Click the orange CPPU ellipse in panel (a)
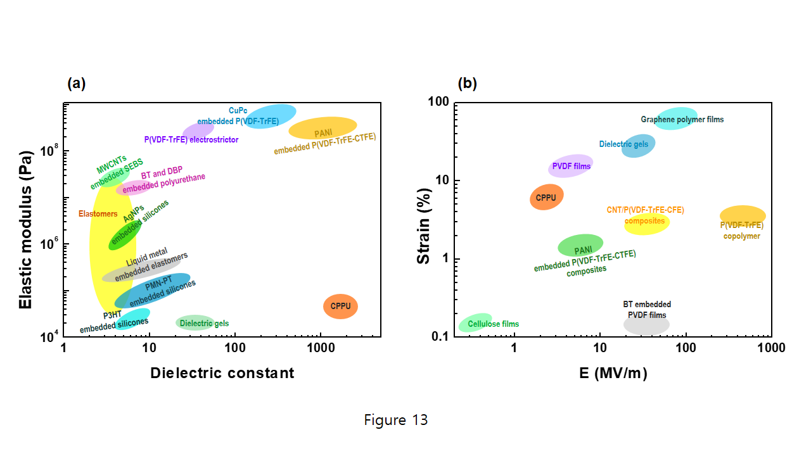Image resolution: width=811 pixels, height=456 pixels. pyautogui.click(x=340, y=307)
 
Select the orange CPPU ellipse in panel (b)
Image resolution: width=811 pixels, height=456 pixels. pyautogui.click(x=546, y=197)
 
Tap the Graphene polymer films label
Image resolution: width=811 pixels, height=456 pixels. pyautogui.click(x=682, y=119)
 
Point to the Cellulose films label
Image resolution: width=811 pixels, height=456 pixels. pyautogui.click(x=493, y=324)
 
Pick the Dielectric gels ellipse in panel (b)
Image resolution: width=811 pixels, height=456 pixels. pyautogui.click(x=639, y=145)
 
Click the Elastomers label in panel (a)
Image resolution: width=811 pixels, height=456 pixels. pyautogui.click(x=98, y=214)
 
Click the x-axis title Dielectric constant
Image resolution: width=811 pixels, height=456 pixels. pyautogui.click(x=222, y=373)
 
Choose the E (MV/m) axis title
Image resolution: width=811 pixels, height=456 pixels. pyautogui.click(x=613, y=374)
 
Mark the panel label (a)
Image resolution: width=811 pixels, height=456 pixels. pyautogui.click(x=76, y=82)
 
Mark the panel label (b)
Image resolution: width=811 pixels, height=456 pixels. pyautogui.click(x=467, y=82)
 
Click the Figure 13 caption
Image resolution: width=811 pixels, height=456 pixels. pyautogui.click(x=396, y=420)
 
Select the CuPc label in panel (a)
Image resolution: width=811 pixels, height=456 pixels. pyautogui.click(x=238, y=110)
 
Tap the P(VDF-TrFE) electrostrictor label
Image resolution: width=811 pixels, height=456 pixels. pyautogui.click(x=191, y=139)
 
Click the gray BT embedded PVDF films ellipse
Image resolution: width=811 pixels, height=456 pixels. pyautogui.click(x=646, y=325)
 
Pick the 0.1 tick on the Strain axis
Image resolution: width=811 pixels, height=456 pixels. pyautogui.click(x=440, y=336)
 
